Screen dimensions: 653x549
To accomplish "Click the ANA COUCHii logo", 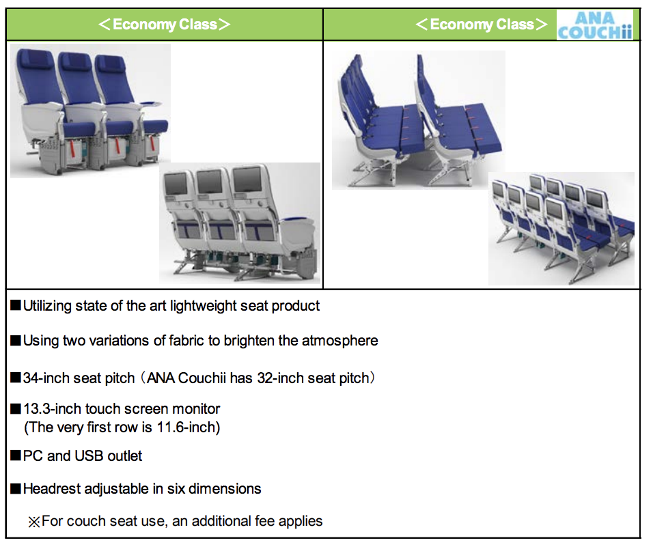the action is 595,25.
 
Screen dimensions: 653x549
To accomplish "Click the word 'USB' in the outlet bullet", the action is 89,455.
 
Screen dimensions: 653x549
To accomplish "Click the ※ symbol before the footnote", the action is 33,522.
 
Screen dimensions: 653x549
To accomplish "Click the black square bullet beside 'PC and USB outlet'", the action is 16,455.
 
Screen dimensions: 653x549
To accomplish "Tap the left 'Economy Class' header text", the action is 165,25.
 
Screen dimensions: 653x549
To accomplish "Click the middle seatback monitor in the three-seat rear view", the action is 210,182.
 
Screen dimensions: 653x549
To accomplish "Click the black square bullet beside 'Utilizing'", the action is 16,305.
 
